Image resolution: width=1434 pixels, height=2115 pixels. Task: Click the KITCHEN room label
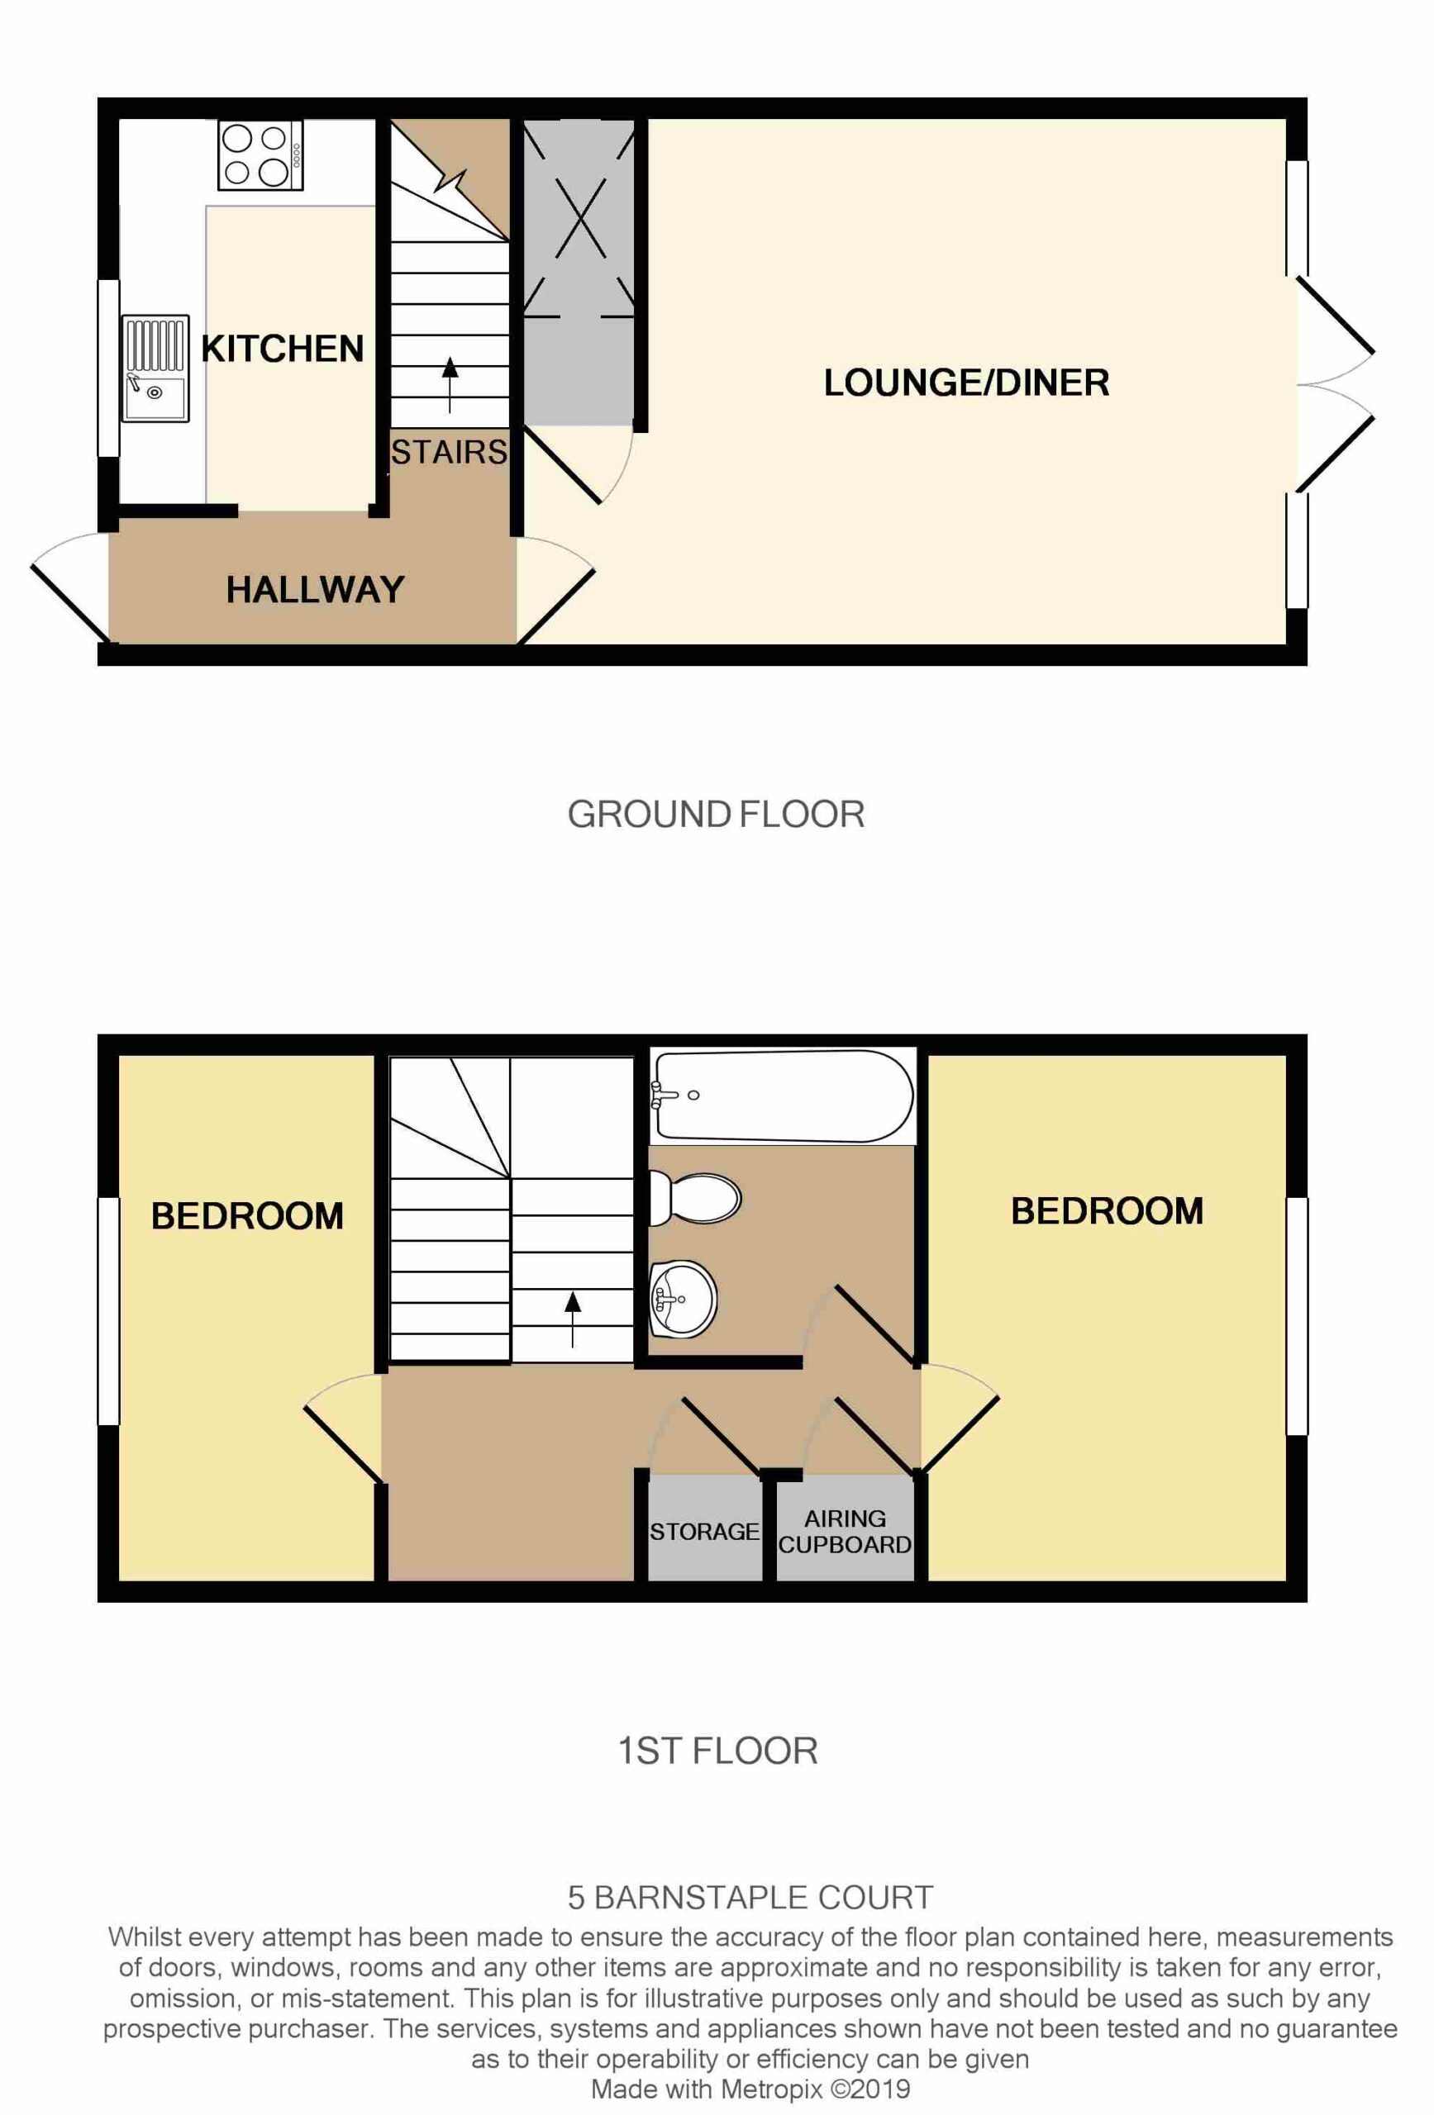282,349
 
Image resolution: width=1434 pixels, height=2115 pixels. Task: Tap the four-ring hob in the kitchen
260,154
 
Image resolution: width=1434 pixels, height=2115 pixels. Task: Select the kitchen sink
155,368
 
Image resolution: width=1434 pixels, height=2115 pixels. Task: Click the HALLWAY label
315,590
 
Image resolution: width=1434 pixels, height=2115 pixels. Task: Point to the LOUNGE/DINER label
966,383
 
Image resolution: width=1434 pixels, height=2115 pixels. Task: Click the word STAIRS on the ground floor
449,452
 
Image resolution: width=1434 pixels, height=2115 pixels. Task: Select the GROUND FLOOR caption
716,814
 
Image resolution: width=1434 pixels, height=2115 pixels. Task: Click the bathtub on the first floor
784,1096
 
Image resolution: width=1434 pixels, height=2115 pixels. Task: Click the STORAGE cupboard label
704,1533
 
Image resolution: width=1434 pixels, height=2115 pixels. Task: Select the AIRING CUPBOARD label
845,1532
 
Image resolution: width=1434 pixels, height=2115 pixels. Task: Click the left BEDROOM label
247,1217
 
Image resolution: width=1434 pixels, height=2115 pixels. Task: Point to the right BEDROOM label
1108,1211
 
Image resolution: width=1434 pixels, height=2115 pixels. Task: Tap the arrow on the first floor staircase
572,1319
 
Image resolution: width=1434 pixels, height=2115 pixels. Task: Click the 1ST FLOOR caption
717,1751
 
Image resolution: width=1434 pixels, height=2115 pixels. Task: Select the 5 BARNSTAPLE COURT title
750,1899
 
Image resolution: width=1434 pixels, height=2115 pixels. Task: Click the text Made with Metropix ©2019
750,2088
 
